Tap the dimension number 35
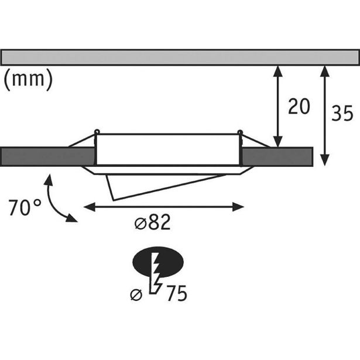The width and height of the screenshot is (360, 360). pyautogui.click(x=342, y=112)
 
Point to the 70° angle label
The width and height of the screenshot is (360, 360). pyautogui.click(x=25, y=208)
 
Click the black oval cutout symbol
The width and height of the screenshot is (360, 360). pyautogui.click(x=159, y=262)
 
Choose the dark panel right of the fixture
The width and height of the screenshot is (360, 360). pyautogui.click(x=278, y=156)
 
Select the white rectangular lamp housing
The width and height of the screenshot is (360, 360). pyautogui.click(x=167, y=150)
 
